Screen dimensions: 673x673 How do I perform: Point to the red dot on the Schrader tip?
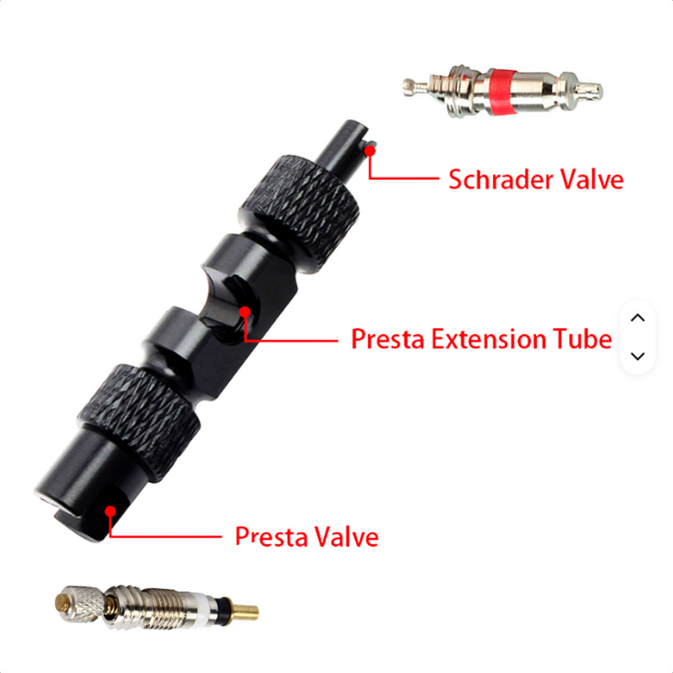(370, 151)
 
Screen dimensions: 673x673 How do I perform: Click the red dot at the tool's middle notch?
(245, 312)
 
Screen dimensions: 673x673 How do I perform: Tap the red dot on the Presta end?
(110, 511)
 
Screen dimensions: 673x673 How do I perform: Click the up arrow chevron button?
(638, 318)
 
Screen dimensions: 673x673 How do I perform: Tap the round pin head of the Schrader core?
(409, 87)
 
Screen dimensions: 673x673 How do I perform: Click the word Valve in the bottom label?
(346, 537)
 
